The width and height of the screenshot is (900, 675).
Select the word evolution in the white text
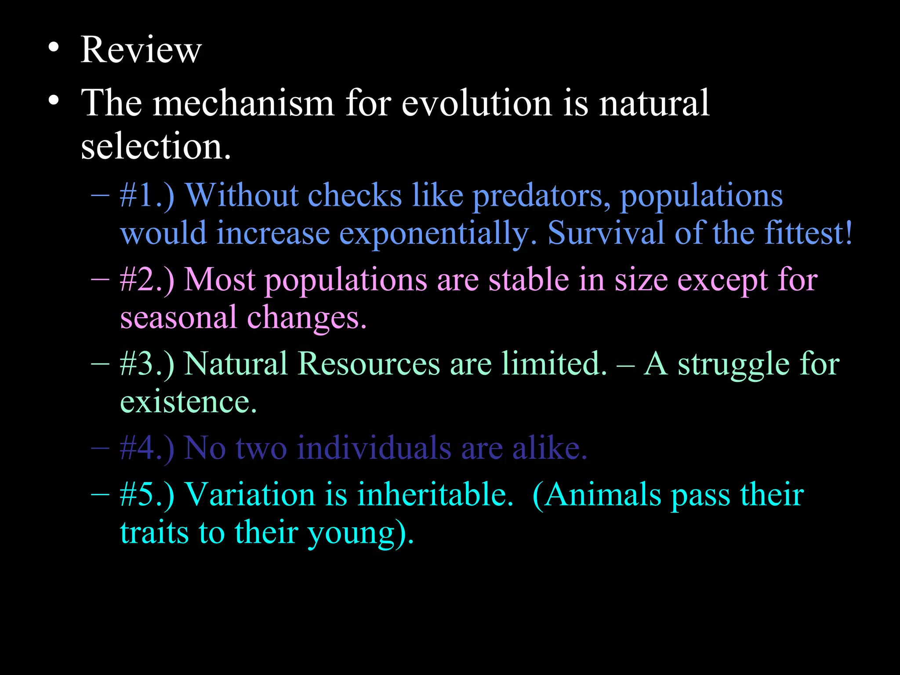[476, 103]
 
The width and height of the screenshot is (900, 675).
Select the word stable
[529, 280]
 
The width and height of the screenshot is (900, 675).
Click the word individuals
[374, 449]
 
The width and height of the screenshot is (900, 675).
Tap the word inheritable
[435, 495]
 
